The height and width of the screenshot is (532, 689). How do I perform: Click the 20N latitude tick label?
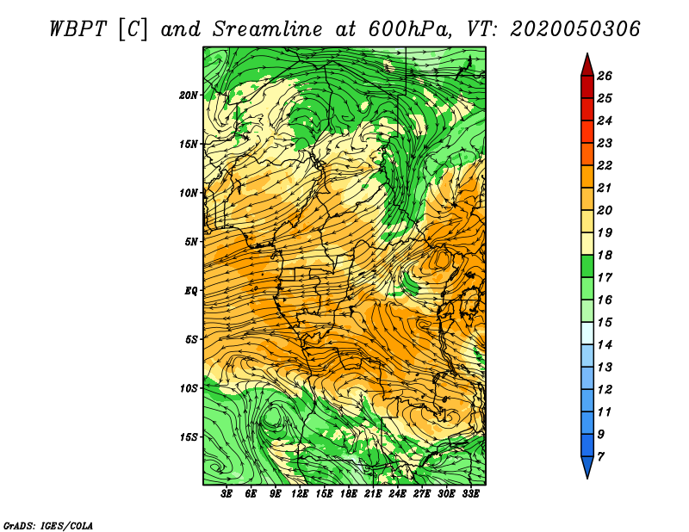(189, 96)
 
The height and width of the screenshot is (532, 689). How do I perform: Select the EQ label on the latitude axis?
(191, 291)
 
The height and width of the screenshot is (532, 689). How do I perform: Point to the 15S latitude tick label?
(189, 437)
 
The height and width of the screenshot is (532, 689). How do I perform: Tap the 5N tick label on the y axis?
(191, 242)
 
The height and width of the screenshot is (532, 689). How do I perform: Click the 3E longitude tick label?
(227, 494)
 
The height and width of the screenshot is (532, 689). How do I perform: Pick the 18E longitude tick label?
(349, 494)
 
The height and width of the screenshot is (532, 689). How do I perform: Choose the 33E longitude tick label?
(470, 494)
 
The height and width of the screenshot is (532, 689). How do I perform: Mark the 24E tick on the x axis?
(397, 494)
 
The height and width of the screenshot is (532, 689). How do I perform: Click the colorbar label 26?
(605, 76)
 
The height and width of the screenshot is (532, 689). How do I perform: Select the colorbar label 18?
(605, 255)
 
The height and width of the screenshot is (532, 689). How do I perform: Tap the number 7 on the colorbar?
(600, 457)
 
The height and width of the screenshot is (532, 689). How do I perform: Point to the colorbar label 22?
(605, 165)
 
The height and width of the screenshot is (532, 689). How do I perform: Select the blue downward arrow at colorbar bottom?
(587, 467)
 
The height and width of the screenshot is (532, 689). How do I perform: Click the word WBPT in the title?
(78, 29)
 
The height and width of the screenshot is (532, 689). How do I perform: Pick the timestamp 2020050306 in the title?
(574, 29)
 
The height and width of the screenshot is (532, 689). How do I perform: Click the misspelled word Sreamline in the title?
(268, 29)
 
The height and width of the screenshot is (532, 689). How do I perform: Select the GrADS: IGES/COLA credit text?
(48, 525)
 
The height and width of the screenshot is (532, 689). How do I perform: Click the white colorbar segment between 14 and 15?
(587, 333)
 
